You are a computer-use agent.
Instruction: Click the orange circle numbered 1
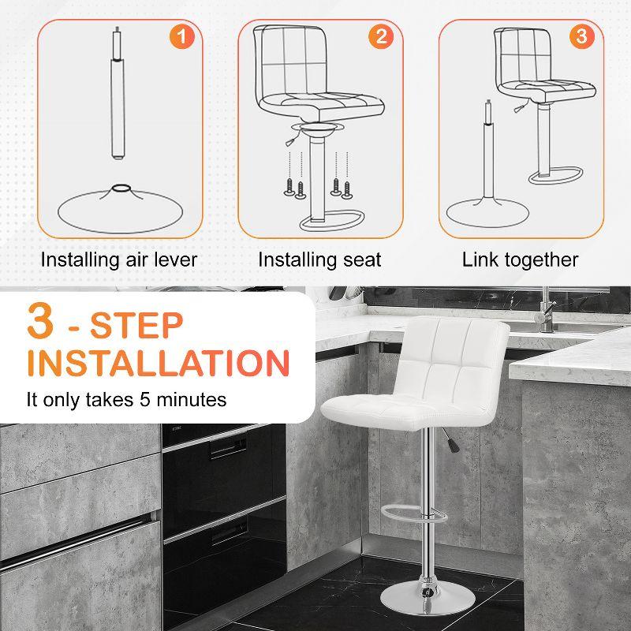(182, 36)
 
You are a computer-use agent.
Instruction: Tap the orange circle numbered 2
(381, 36)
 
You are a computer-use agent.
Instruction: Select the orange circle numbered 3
(581, 36)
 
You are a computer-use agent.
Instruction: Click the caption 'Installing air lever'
(119, 259)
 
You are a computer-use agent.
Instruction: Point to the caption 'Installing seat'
(319, 259)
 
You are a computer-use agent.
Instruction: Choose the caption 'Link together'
(520, 259)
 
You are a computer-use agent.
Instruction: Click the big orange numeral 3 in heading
(44, 323)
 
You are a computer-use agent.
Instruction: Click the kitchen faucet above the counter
(544, 312)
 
